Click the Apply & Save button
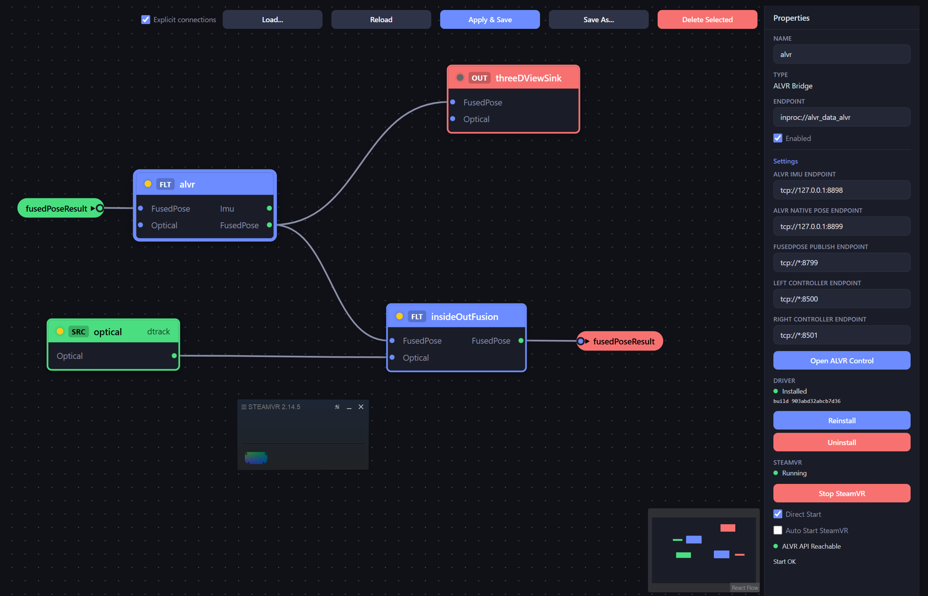(490, 19)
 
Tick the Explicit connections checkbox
(145, 19)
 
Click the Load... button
(273, 19)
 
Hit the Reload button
(381, 19)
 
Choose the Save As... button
(598, 19)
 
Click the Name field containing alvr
(841, 54)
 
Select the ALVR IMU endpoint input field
(841, 190)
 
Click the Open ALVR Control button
(841, 361)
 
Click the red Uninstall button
(841, 442)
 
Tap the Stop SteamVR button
(841, 494)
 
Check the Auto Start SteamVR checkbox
(778, 530)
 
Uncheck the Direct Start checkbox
(778, 514)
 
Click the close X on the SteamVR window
(361, 407)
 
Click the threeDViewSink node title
(528, 78)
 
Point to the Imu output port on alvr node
(269, 208)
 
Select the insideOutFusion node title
(464, 317)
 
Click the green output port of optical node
(174, 356)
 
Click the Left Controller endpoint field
(841, 299)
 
